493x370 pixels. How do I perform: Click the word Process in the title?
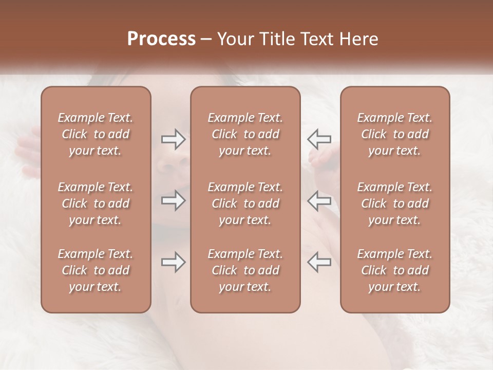pos(161,40)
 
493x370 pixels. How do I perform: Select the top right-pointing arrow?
pos(173,139)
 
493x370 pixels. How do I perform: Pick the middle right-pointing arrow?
pos(173,201)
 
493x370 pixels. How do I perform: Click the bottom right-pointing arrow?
pos(173,262)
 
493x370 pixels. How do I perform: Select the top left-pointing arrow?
pos(319,139)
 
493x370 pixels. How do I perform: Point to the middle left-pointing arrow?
pos(319,201)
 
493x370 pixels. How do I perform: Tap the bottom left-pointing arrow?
pos(319,262)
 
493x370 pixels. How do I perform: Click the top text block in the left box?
pos(96,134)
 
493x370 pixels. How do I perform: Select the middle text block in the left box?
pos(96,203)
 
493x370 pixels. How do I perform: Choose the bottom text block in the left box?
pos(96,270)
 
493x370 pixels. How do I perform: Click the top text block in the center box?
pos(245,134)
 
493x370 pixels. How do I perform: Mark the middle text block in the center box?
pos(245,203)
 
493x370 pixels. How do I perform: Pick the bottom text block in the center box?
pos(245,270)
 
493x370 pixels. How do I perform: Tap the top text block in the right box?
pos(394,134)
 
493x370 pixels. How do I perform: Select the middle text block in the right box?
pos(394,203)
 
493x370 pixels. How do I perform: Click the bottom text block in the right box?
pos(394,270)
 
